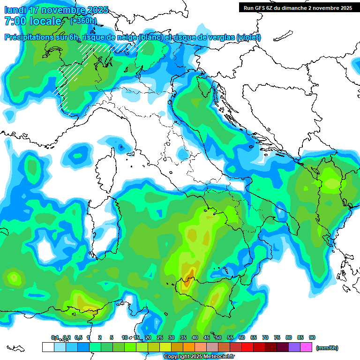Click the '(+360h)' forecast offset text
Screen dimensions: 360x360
click(83, 21)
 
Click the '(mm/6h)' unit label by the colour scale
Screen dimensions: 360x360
click(327, 348)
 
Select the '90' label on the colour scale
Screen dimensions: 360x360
click(312, 337)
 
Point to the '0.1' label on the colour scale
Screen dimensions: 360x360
click(55, 337)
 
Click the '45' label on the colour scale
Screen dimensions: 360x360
click(207, 337)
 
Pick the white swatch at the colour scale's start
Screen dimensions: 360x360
click(48, 347)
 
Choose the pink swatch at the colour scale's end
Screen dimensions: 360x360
click(307, 347)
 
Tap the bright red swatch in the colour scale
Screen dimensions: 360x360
click(247, 347)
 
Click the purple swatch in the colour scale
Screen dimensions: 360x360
click(294, 347)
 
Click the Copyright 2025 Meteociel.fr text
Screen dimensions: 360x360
click(199, 356)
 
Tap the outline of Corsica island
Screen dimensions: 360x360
click(106, 166)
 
